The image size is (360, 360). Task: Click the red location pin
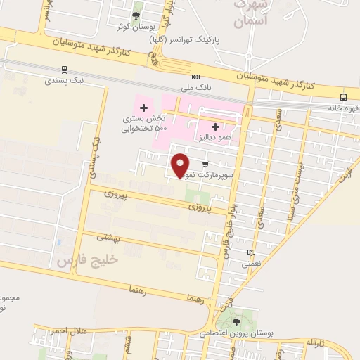point(181,165)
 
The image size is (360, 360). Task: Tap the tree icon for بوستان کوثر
point(136,14)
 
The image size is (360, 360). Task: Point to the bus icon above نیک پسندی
point(65,69)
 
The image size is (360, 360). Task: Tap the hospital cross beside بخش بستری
point(143,108)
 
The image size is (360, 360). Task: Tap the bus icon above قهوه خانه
point(343,97)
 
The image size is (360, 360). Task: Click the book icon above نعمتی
point(251,252)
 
